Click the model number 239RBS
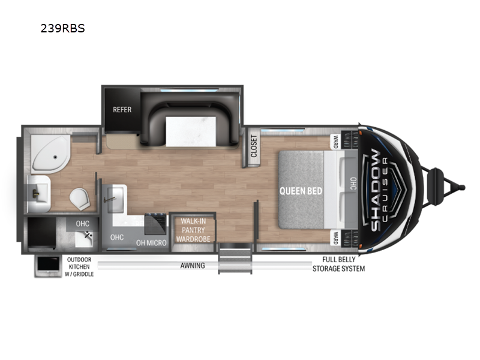coord(63,28)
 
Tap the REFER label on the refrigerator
coord(122,110)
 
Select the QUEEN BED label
coord(301,191)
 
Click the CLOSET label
coord(254,146)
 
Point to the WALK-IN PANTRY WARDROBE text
coord(193,230)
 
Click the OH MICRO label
coord(151,243)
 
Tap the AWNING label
coord(193,265)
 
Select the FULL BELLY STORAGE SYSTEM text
coord(338,264)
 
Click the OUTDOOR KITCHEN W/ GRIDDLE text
coord(79,267)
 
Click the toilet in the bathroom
coord(80,199)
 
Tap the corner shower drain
coord(55,157)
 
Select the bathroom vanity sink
coord(38,194)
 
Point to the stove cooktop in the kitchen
coord(155,224)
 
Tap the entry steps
coord(235,257)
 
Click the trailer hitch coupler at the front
coord(461,187)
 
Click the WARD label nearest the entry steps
coord(335,238)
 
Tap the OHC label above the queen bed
coord(353,184)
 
